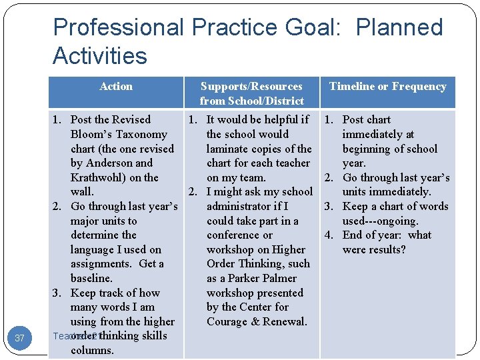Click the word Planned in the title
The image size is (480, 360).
tap(400, 27)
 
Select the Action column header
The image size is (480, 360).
tap(116, 86)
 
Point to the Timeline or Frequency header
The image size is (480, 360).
tap(387, 86)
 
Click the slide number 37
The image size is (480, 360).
tap(19, 338)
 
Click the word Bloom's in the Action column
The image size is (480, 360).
tap(89, 134)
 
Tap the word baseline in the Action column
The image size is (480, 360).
tap(91, 278)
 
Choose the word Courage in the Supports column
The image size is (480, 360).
tap(228, 321)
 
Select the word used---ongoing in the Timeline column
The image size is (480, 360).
tap(381, 221)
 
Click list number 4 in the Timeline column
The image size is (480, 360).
tap(329, 235)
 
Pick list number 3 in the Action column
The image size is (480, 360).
tap(57, 293)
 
